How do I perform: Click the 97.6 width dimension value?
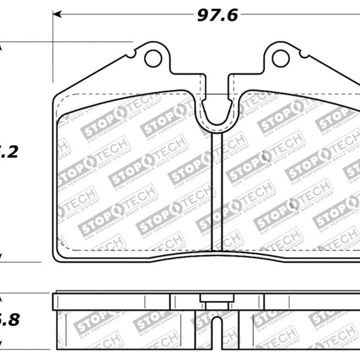[218, 15]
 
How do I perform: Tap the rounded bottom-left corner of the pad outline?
[58, 256]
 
